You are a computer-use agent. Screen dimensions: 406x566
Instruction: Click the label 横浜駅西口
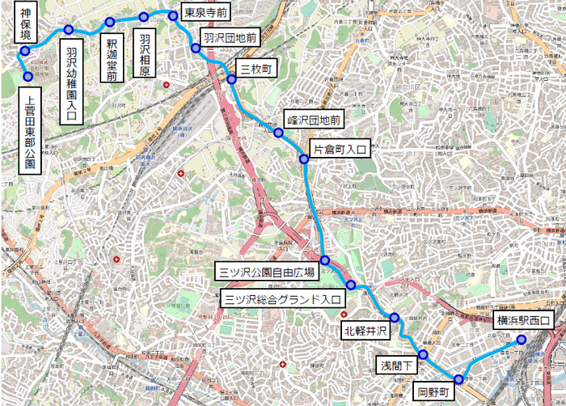click(522, 321)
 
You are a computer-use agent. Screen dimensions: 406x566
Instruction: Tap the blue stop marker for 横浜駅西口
click(522, 340)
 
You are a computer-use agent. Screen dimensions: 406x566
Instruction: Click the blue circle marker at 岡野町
click(458, 379)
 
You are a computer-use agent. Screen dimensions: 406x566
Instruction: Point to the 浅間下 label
click(396, 366)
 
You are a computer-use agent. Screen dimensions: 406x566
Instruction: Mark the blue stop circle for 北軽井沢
click(395, 318)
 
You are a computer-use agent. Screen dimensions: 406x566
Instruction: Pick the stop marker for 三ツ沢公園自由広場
click(324, 260)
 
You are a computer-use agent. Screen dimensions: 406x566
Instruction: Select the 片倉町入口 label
click(340, 150)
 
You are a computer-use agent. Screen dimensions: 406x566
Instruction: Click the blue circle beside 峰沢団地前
click(279, 133)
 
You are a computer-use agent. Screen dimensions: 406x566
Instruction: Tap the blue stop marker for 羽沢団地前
click(196, 49)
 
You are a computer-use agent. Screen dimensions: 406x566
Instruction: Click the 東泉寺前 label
click(205, 14)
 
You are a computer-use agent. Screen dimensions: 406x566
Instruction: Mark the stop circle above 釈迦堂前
click(110, 22)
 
